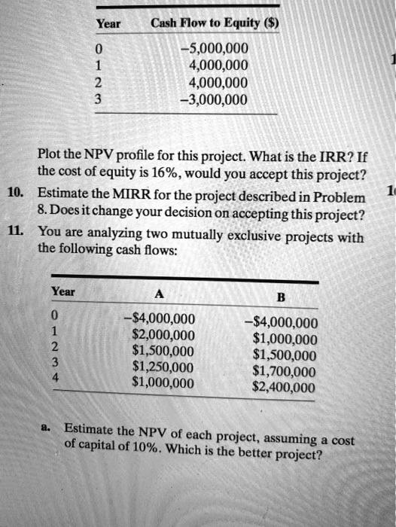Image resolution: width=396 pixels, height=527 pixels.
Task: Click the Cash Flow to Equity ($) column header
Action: click(215, 23)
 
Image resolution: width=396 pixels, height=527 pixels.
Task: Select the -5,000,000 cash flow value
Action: click(215, 50)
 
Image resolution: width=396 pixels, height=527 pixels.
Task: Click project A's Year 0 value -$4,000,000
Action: click(158, 318)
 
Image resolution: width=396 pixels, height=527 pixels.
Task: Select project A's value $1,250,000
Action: click(163, 367)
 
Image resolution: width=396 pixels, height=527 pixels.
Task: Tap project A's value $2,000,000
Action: click(163, 334)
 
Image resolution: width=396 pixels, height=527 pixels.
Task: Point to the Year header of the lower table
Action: click(62, 291)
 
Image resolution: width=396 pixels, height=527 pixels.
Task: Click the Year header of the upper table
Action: click(108, 23)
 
